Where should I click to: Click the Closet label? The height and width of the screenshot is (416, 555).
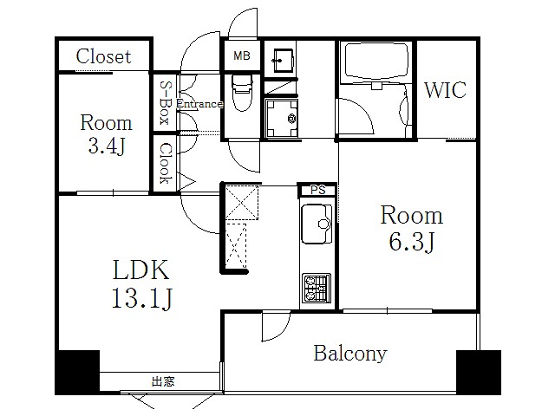pyautogui.click(x=103, y=57)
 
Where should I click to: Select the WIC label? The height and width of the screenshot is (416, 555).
pyautogui.click(x=446, y=90)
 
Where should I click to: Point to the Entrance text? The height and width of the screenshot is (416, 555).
pyautogui.click(x=199, y=105)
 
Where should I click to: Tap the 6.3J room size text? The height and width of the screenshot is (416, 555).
pyautogui.click(x=411, y=241)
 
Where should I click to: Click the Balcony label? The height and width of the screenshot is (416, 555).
pyautogui.click(x=350, y=354)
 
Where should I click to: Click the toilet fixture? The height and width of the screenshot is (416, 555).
pyautogui.click(x=242, y=88)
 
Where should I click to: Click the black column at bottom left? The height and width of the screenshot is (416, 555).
pyautogui.click(x=77, y=371)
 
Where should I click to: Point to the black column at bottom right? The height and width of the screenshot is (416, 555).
pyautogui.click(x=479, y=371)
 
